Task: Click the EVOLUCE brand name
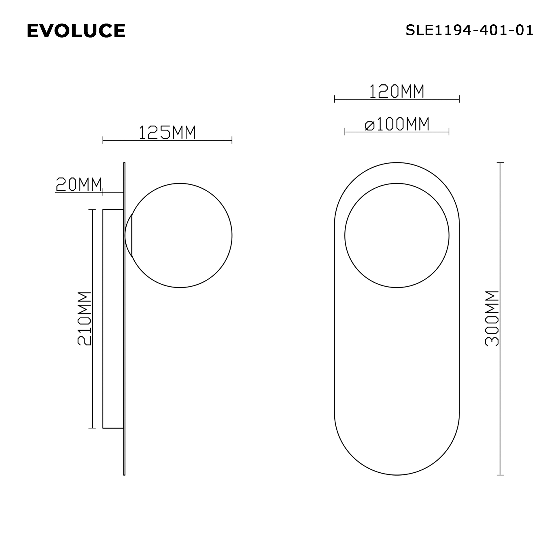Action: pyautogui.click(x=76, y=31)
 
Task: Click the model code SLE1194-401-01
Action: pyautogui.click(x=469, y=30)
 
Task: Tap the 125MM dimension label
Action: pyautogui.click(x=167, y=132)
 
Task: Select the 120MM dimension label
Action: pyautogui.click(x=397, y=91)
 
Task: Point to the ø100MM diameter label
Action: pyautogui.click(x=397, y=124)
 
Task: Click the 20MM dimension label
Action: pyautogui.click(x=79, y=184)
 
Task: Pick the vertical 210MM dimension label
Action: pyautogui.click(x=85, y=319)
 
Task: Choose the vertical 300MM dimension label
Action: pyautogui.click(x=492, y=319)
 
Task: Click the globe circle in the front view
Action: pyautogui.click(x=397, y=235)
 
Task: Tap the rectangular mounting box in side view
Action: pyautogui.click(x=113, y=319)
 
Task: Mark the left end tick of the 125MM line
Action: pyautogui.click(x=103, y=140)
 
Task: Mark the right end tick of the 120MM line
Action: pyautogui.click(x=459, y=99)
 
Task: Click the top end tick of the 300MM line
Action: pyautogui.click(x=500, y=163)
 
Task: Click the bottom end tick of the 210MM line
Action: pyautogui.click(x=92, y=428)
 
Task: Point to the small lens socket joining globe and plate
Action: pyautogui.click(x=129, y=235)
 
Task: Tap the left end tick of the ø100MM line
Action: pyautogui.click(x=345, y=132)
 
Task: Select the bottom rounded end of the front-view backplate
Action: pyautogui.click(x=397, y=467)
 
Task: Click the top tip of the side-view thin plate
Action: pyautogui.click(x=124, y=163)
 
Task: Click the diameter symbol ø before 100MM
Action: pyautogui.click(x=370, y=125)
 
